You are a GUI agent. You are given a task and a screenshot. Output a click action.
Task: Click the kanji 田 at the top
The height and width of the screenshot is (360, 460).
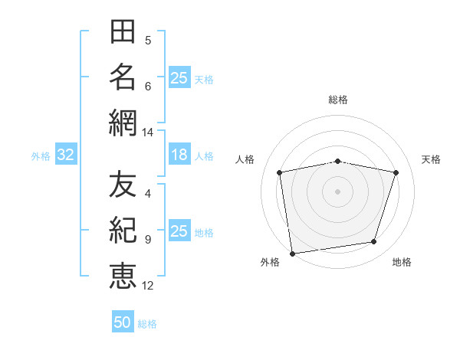tap(123, 31)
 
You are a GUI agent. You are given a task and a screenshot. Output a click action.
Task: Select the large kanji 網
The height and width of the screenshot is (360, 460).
tap(123, 123)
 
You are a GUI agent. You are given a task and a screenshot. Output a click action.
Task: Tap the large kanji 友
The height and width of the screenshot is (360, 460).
tap(123, 184)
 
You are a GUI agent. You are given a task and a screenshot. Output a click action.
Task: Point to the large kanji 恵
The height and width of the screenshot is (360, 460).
tap(123, 276)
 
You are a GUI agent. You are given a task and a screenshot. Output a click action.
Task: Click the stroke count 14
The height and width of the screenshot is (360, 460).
tap(147, 133)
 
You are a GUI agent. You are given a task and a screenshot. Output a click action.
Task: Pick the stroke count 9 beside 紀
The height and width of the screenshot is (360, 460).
tap(148, 240)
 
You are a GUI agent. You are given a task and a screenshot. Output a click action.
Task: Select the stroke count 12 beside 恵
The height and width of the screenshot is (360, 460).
tap(147, 286)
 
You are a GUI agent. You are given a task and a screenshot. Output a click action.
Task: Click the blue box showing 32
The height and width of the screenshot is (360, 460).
tap(66, 154)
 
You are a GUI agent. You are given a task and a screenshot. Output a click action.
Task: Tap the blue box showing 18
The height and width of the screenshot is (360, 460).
tap(179, 154)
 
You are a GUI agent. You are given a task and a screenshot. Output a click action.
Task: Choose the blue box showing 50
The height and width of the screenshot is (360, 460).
tap(123, 321)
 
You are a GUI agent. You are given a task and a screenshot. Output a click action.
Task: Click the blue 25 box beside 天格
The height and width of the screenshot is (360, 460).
tap(179, 77)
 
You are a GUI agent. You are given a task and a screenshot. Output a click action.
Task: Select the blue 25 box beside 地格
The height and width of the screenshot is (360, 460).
tap(179, 230)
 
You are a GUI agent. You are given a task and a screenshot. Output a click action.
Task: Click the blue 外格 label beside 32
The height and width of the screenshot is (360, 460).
tap(41, 156)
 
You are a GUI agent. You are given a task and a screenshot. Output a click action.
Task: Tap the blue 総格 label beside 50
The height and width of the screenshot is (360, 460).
tap(147, 324)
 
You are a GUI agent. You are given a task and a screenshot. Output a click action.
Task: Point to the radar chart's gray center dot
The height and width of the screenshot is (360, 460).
tap(337, 191)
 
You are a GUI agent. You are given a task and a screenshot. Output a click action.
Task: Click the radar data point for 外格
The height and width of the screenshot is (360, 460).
tap(292, 254)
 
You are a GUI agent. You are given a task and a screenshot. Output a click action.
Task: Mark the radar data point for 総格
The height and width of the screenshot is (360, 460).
tap(337, 162)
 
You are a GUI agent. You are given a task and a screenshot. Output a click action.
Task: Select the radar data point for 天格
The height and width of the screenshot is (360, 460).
tap(396, 172)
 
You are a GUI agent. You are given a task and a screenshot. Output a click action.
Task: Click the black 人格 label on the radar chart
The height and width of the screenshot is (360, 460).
tap(245, 159)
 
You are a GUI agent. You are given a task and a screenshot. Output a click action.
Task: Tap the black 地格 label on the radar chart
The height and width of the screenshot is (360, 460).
tap(402, 262)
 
